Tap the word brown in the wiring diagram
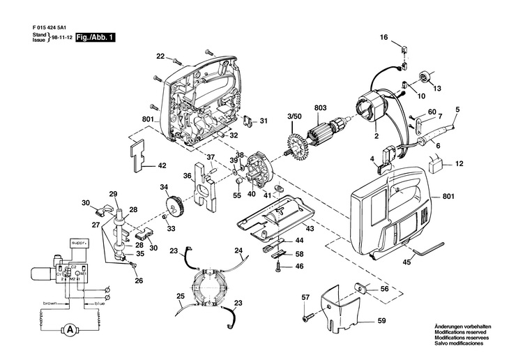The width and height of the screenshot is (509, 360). [x=50, y=303]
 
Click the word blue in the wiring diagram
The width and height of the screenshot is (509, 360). [x=100, y=303]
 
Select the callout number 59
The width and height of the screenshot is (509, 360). [x=381, y=320]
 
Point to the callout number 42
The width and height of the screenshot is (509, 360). [x=162, y=165]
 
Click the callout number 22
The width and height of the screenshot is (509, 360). [x=160, y=56]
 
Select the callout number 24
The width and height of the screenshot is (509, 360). [x=238, y=250]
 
